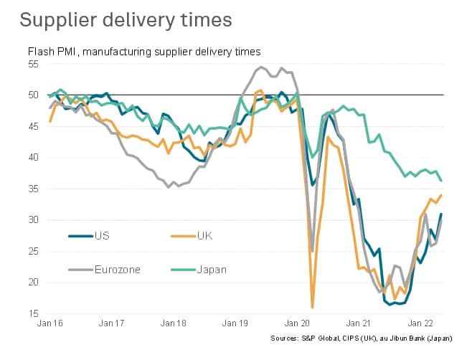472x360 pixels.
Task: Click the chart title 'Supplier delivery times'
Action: pos(126,19)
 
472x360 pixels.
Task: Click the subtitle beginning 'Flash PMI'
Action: pos(143,52)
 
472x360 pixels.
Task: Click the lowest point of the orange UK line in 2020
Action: pos(313,307)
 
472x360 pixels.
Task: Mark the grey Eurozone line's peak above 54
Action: pos(260,67)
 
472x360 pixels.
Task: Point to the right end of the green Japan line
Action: pos(440,181)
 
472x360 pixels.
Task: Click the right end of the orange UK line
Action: pos(440,195)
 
